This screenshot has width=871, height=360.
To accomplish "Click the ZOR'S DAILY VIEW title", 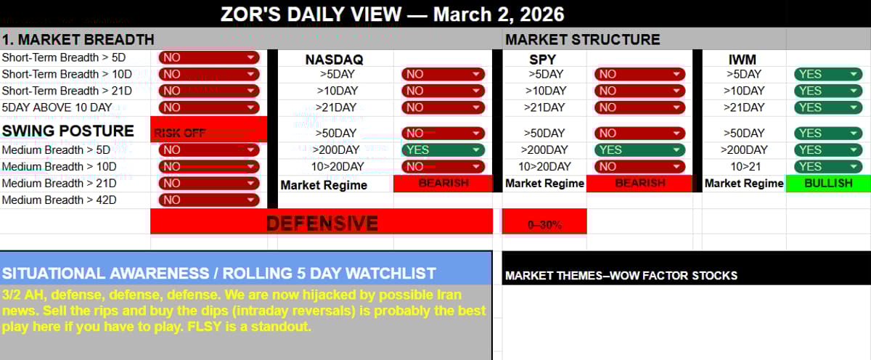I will click(392, 14).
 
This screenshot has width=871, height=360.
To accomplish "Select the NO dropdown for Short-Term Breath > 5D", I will click(208, 57).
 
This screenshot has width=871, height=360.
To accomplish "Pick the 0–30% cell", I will click(544, 224).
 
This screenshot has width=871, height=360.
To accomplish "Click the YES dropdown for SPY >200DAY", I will click(639, 150).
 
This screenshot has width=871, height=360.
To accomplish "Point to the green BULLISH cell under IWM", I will click(828, 183).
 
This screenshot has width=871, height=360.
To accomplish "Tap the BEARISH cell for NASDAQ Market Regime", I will click(443, 184).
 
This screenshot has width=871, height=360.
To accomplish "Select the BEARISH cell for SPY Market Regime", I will click(639, 183).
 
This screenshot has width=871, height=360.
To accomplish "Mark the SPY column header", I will click(543, 59).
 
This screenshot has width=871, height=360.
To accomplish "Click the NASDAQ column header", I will click(334, 59).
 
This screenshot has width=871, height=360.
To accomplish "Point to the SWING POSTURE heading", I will click(68, 131).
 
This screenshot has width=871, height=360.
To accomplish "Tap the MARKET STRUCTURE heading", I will click(583, 39).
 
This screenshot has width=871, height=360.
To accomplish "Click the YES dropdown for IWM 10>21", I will click(828, 166).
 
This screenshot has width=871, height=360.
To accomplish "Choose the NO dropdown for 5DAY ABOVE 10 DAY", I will click(208, 107).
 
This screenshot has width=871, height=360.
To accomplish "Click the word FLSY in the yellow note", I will click(217, 327).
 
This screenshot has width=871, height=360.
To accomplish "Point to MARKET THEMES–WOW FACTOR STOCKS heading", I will click(621, 276).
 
